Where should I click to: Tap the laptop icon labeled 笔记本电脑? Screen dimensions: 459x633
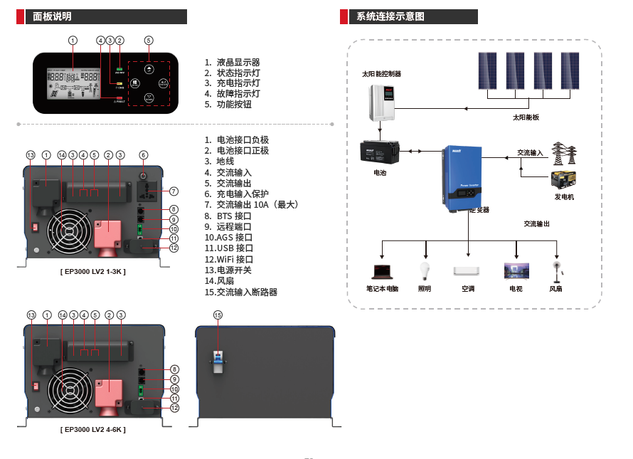pyautogui.click(x=382, y=270)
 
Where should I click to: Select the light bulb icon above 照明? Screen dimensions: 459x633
pyautogui.click(x=425, y=270)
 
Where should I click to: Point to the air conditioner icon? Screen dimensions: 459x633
pyautogui.click(x=468, y=271)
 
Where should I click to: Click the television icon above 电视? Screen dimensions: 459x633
pyautogui.click(x=516, y=270)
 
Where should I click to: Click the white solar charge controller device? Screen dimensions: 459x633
pyautogui.click(x=383, y=102)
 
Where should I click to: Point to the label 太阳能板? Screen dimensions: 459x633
pyautogui.click(x=526, y=117)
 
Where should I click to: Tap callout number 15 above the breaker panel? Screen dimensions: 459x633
pyautogui.click(x=218, y=315)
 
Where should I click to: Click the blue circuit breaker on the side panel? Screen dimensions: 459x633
pyautogui.click(x=218, y=357)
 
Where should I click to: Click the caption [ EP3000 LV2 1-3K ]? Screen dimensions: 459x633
pyautogui.click(x=92, y=272)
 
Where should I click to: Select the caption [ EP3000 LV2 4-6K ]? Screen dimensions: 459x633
pyautogui.click(x=92, y=430)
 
